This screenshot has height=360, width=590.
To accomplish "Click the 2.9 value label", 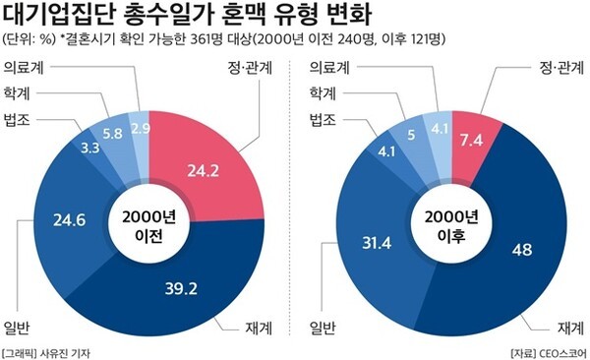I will pyautogui.click(x=140, y=129).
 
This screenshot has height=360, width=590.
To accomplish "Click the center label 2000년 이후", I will pyautogui.click(x=446, y=226).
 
